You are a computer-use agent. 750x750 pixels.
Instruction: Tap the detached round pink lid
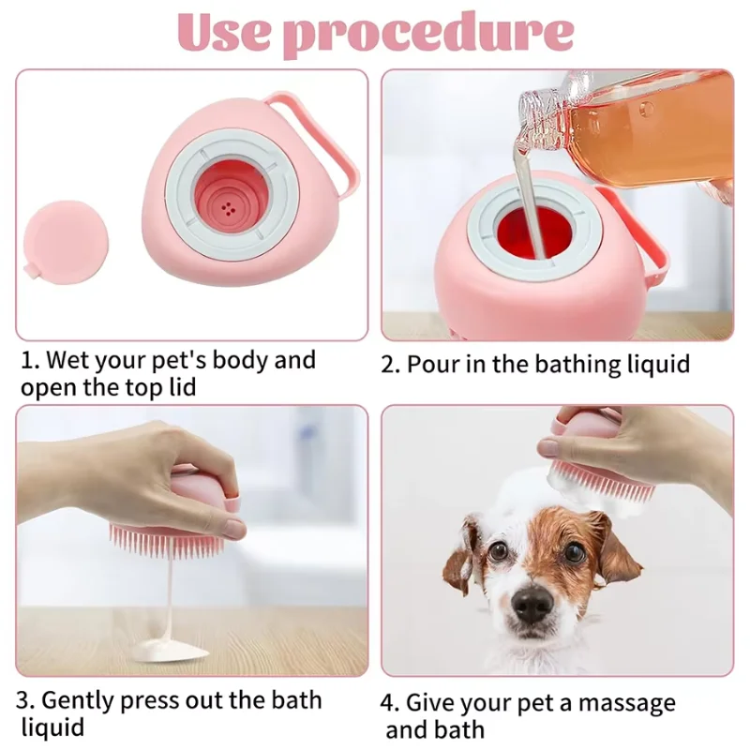(x=64, y=239)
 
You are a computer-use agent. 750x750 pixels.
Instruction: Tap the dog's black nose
(x=532, y=605)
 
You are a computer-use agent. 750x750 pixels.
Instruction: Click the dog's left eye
(x=499, y=550)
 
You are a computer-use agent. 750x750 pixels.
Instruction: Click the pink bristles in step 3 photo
(x=164, y=539)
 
